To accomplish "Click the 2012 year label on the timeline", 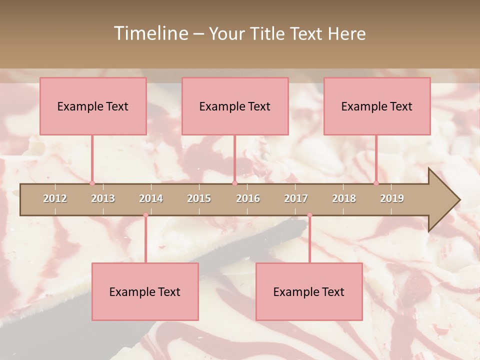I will (x=55, y=198).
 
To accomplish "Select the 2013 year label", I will (x=103, y=198).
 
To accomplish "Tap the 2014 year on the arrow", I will (x=151, y=198).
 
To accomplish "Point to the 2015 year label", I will (x=199, y=198).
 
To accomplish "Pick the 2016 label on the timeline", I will (x=248, y=198).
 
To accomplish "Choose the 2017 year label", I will (x=296, y=198).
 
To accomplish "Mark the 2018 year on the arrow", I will (x=344, y=198).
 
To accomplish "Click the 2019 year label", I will (x=392, y=198).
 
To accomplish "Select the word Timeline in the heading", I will (x=150, y=33).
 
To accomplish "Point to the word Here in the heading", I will (x=346, y=33).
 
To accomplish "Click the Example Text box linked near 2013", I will (x=93, y=106).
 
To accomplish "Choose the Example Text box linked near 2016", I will (x=235, y=106).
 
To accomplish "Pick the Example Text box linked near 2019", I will (x=377, y=106).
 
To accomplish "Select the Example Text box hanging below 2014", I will (x=145, y=291).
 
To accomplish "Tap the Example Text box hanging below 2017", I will (x=309, y=291).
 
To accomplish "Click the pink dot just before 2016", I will (x=234, y=183).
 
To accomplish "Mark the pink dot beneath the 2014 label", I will (x=145, y=215).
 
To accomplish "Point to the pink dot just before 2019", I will (x=376, y=183).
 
